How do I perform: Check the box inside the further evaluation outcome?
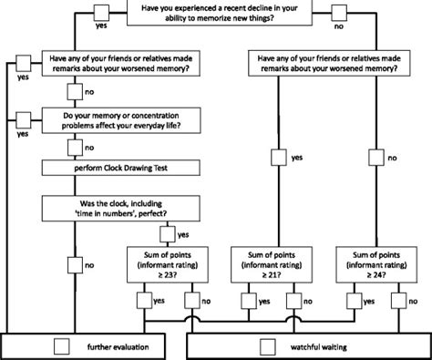tap(61, 346)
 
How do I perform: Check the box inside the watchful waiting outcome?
tap(267, 346)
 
